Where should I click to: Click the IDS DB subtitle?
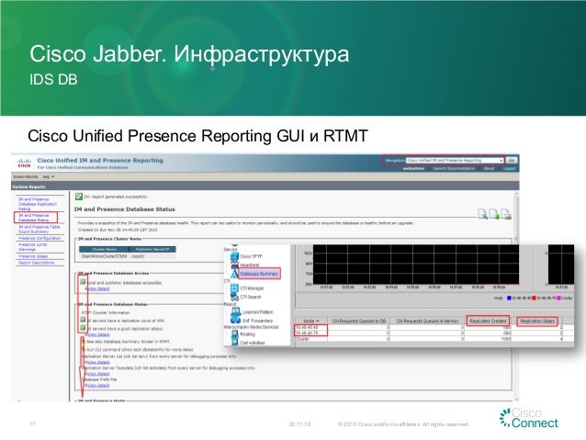(x=53, y=81)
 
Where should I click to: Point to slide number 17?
(x=32, y=424)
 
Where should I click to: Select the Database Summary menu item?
(x=261, y=274)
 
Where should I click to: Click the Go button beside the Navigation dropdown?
(x=513, y=160)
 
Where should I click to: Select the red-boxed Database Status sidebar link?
(x=36, y=219)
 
